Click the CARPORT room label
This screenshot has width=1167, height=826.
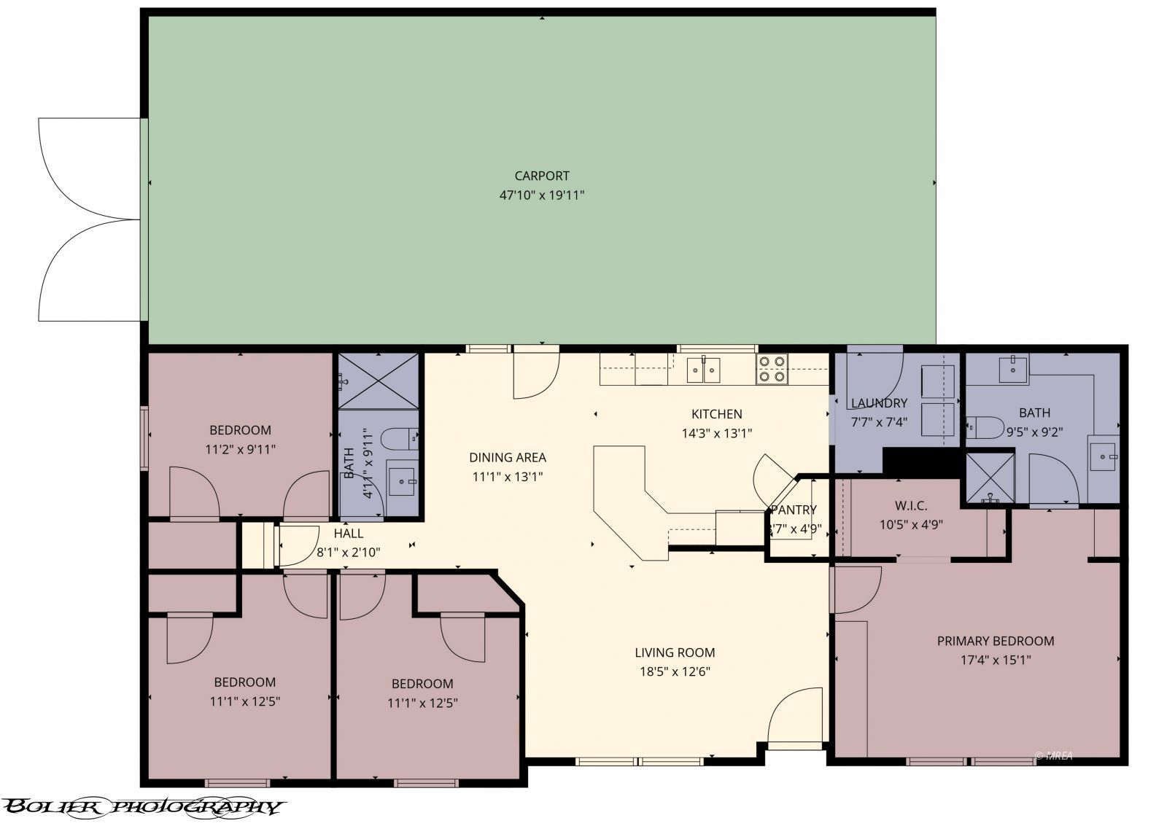pyautogui.click(x=541, y=176)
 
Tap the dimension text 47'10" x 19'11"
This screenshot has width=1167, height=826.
pyautogui.click(x=541, y=195)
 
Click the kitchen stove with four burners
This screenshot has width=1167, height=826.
pyautogui.click(x=772, y=369)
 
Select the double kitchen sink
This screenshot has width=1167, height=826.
pyautogui.click(x=704, y=370)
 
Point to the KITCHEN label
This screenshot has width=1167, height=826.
pyautogui.click(x=716, y=414)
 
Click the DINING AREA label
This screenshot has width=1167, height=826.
pyautogui.click(x=507, y=458)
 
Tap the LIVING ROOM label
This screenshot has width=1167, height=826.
pyautogui.click(x=674, y=652)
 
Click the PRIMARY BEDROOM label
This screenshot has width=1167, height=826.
pyautogui.click(x=995, y=641)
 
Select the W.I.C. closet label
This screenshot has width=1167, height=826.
pyautogui.click(x=911, y=505)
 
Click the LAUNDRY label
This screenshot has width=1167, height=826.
pyautogui.click(x=878, y=403)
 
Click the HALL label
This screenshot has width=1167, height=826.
pyautogui.click(x=349, y=534)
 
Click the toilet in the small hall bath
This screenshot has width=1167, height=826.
pyautogui.click(x=400, y=439)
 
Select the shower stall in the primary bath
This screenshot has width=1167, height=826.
pyautogui.click(x=990, y=478)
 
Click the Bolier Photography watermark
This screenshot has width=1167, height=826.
pyautogui.click(x=142, y=806)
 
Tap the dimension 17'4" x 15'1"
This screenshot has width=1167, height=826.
pyautogui.click(x=995, y=661)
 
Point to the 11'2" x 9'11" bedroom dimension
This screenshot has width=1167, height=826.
pyautogui.click(x=240, y=450)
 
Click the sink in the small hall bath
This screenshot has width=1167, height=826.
pyautogui.click(x=402, y=480)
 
